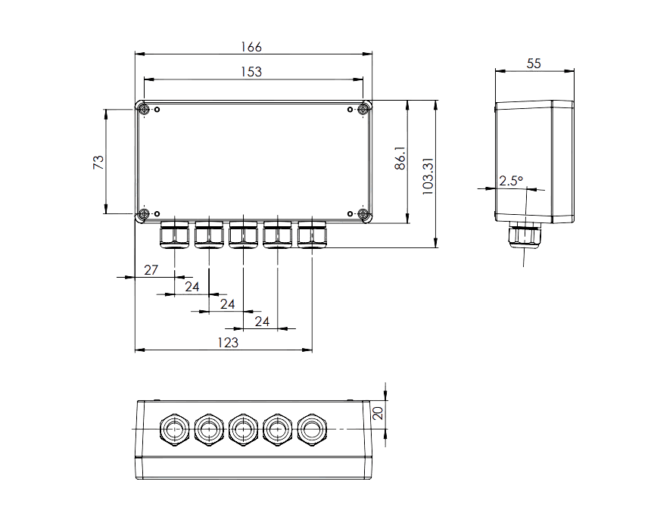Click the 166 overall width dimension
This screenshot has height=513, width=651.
point(251,47)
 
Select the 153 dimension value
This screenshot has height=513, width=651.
point(251,72)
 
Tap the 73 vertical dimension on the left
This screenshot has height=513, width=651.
point(98,161)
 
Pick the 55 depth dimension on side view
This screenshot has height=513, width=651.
point(534,64)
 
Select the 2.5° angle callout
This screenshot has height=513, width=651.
point(511,182)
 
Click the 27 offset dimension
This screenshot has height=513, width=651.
point(151,270)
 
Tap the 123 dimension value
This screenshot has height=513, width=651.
point(228,343)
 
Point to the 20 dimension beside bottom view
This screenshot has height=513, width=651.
point(378,413)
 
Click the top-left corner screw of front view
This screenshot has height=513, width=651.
point(142,110)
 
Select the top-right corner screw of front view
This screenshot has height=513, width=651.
point(364,110)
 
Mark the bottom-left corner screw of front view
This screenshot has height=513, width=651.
point(142,216)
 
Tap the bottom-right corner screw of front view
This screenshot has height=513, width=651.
point(364,216)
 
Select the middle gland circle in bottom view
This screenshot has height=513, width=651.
point(243,430)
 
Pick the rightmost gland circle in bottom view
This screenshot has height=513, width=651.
point(312,430)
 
